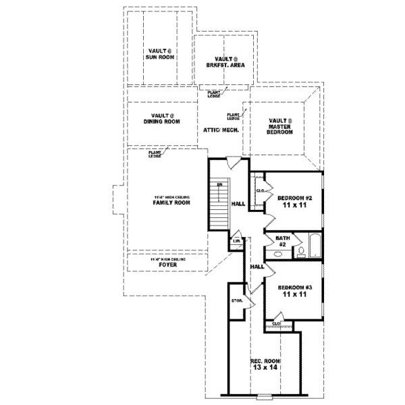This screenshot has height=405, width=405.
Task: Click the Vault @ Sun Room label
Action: pos(160,54)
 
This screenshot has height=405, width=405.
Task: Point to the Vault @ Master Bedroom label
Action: pos(279,126)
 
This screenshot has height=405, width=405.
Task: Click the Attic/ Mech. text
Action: pos(217,129)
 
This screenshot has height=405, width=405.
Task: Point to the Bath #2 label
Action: pos(282,241)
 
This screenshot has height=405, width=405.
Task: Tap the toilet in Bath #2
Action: pos(300,252)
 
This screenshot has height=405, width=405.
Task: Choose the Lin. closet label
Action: pos(237,240)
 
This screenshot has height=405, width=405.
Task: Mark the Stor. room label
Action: pos(237,300)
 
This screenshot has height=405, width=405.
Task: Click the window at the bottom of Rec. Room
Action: pos(265,396)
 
